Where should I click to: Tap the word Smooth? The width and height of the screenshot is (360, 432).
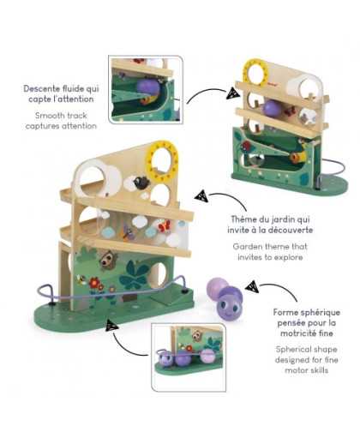click(47, 116)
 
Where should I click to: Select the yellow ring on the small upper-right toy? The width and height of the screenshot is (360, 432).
click(255, 63)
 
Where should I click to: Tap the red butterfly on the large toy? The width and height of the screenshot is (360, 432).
click(165, 226)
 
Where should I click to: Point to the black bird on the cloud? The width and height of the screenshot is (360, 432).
click(141, 183)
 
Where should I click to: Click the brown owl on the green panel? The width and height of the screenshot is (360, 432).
click(108, 260)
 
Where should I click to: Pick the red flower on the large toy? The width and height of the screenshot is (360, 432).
click(94, 283)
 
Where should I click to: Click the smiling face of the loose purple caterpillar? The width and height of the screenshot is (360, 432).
click(229, 309)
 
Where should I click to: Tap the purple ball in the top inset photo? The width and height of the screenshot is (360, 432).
click(147, 87)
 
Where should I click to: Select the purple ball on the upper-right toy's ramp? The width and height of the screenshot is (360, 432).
click(271, 108)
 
